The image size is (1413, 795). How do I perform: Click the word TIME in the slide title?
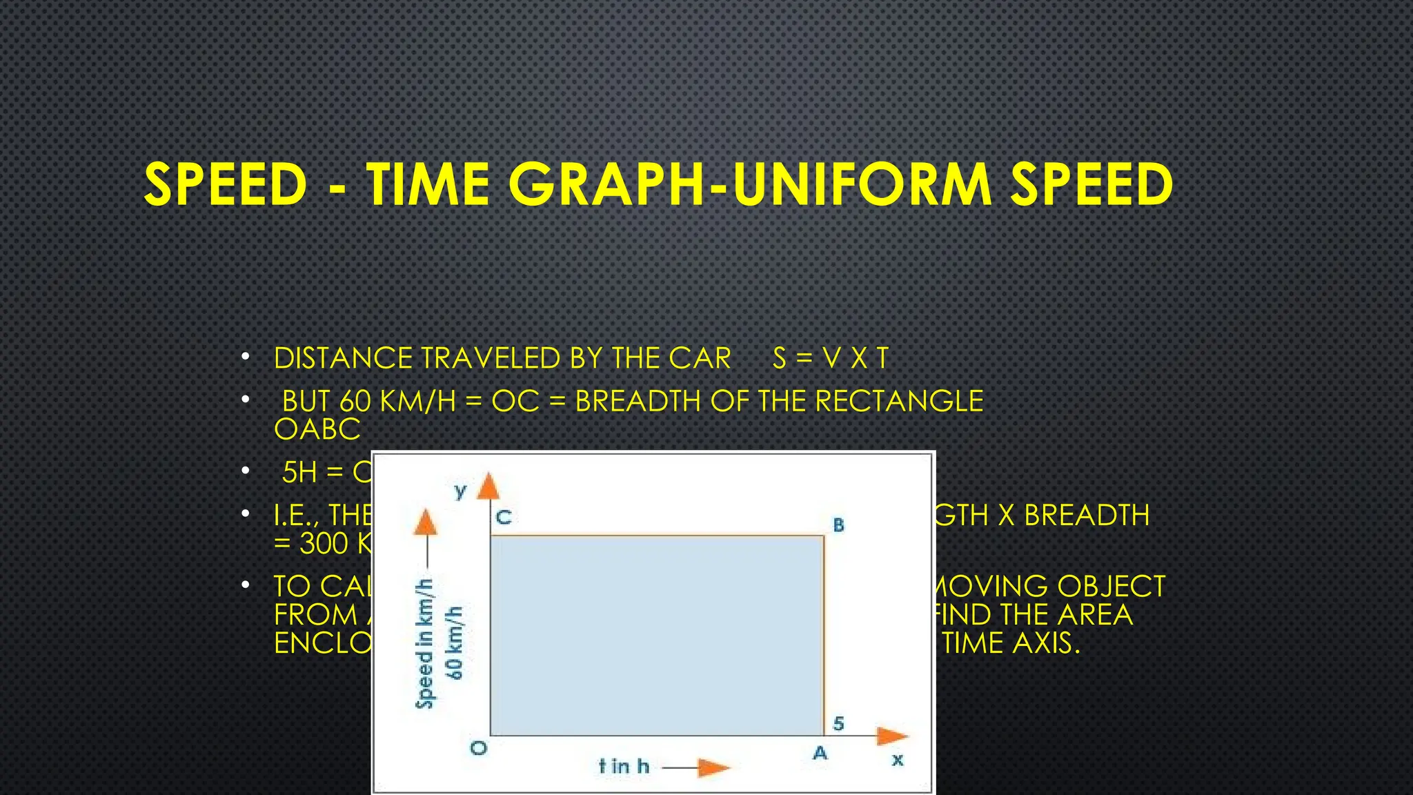428,184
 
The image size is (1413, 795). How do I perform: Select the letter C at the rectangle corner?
504,518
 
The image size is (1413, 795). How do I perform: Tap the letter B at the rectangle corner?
838,525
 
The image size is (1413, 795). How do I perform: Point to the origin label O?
478,748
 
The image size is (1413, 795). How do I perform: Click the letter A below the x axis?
820,753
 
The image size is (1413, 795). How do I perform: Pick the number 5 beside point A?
838,723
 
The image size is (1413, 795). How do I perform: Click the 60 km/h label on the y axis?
455,642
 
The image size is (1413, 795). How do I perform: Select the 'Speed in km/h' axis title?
425,643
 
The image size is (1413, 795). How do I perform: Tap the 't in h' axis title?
624,766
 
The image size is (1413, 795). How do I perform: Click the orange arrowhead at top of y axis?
488,486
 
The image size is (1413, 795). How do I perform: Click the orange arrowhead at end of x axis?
891,736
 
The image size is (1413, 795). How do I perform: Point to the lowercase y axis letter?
460,491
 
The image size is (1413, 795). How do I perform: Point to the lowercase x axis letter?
897,760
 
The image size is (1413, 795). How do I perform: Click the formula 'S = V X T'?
830,358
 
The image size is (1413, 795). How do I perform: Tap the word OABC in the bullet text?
317,429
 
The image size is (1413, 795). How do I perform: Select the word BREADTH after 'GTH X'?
1086,515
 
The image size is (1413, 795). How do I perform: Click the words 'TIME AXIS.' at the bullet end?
1010,643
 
